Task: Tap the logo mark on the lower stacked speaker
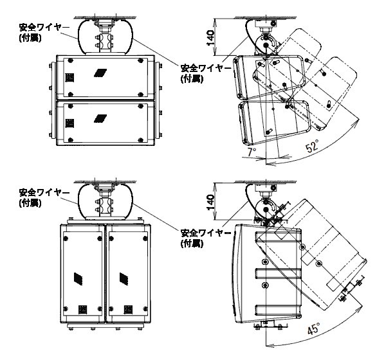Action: coord(100,118)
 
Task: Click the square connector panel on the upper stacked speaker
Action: coord(69,76)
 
